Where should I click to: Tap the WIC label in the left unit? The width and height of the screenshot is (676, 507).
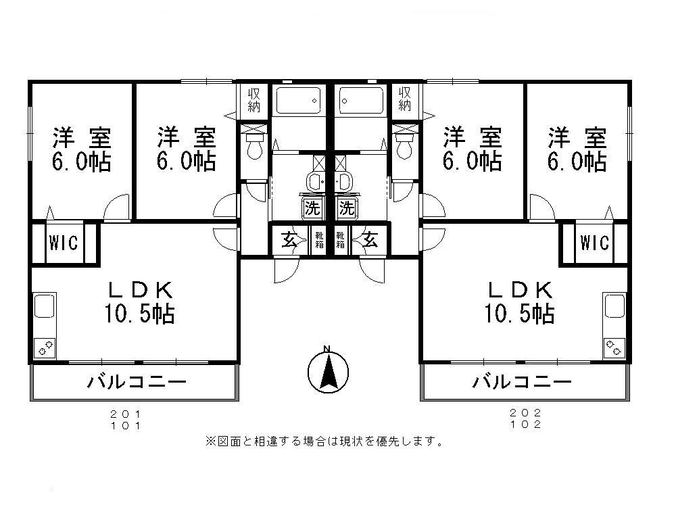65,242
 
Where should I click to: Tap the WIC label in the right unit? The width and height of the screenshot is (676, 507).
594,242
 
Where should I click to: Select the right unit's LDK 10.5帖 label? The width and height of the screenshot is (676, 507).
520,302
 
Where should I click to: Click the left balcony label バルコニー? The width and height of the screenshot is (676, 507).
137,383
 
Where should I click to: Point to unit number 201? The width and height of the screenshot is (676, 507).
126,413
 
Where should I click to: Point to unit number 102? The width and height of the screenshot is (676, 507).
527,425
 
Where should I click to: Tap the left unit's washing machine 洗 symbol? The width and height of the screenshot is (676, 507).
312,208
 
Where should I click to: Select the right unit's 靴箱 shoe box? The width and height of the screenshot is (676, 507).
341,239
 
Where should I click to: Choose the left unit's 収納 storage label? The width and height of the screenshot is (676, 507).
254,99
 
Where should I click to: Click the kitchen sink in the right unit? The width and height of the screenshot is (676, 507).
614,306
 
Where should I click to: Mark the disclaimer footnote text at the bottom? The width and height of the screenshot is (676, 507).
324,442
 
